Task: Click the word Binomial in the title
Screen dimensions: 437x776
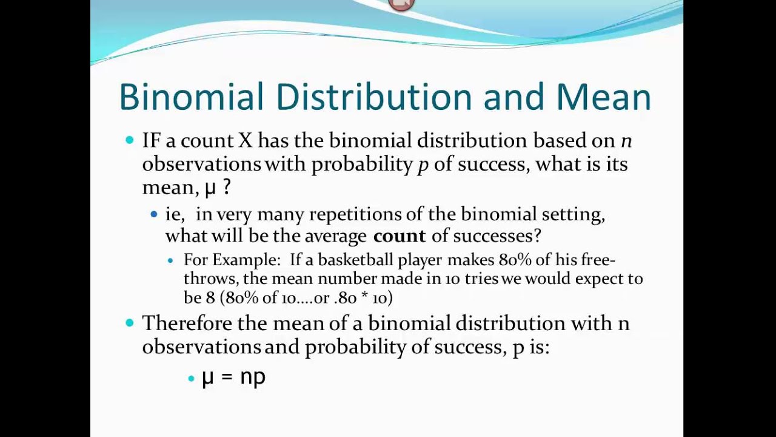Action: pyautogui.click(x=192, y=97)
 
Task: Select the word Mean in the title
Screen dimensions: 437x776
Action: pyautogui.click(x=604, y=97)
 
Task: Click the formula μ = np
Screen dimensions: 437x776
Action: pyautogui.click(x=233, y=377)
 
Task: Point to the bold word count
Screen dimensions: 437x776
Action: pyautogui.click(x=400, y=235)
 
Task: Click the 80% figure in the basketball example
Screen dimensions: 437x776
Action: pyautogui.click(x=513, y=260)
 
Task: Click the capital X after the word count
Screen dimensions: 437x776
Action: pyautogui.click(x=244, y=141)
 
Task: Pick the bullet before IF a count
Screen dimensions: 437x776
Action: pyautogui.click(x=129, y=140)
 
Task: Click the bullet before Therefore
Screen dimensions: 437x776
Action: pyautogui.click(x=129, y=323)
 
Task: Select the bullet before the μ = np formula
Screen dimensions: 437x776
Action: pyautogui.click(x=191, y=378)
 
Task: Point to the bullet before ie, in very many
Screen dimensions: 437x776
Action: pyautogui.click(x=154, y=214)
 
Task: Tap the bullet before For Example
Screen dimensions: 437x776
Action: pyautogui.click(x=170, y=260)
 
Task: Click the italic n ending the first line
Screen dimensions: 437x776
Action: pyautogui.click(x=626, y=141)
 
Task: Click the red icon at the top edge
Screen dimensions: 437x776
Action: pyautogui.click(x=401, y=4)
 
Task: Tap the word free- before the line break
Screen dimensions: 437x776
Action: pyautogui.click(x=598, y=260)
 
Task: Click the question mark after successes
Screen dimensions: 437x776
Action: pyautogui.click(x=537, y=235)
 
